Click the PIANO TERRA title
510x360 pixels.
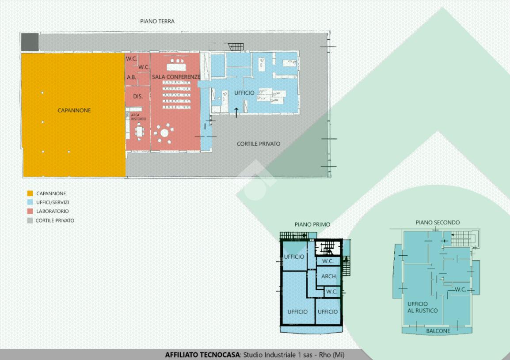click(x=157, y=22)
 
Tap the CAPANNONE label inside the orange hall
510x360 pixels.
click(x=74, y=110)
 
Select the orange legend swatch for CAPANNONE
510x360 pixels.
click(x=30, y=193)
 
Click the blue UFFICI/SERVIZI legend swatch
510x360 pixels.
click(x=30, y=202)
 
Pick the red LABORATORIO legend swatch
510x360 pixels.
click(x=30, y=211)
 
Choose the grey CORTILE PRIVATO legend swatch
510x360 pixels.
click(x=30, y=220)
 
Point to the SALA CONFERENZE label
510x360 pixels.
click(x=176, y=77)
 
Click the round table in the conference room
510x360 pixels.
click(x=164, y=133)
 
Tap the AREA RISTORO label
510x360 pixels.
click(x=139, y=117)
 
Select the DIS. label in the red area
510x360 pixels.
click(x=138, y=97)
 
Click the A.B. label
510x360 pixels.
click(x=131, y=77)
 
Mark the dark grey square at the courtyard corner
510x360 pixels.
click(x=30, y=42)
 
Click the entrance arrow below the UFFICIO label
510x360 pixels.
click(x=236, y=113)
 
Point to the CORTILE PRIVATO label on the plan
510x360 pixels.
click(x=259, y=144)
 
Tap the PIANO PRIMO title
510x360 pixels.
click(x=312, y=225)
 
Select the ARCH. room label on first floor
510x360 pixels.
click(x=329, y=277)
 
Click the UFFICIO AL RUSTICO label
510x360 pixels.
click(x=422, y=307)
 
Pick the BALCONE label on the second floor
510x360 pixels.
click(x=438, y=331)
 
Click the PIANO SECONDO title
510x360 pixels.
click(x=438, y=223)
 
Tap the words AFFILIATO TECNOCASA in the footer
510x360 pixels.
click(x=202, y=355)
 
